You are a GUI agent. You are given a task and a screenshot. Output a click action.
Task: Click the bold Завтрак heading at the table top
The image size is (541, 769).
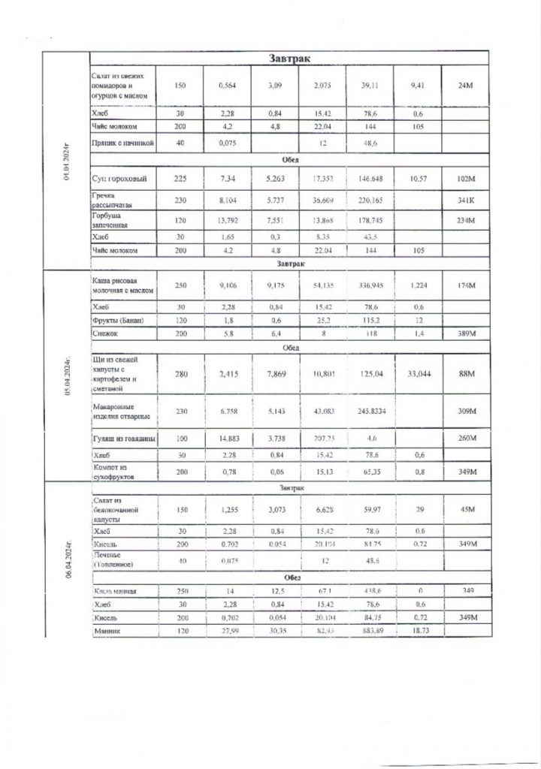pos(291,59)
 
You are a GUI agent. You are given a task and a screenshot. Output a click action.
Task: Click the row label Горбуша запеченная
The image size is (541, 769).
pos(116,219)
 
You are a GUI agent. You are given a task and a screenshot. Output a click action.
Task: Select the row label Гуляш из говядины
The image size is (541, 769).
pos(124,438)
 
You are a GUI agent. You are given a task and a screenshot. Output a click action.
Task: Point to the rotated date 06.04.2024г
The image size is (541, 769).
pos(67,560)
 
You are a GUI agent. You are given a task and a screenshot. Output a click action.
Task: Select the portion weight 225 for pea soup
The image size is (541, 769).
pos(180,179)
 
